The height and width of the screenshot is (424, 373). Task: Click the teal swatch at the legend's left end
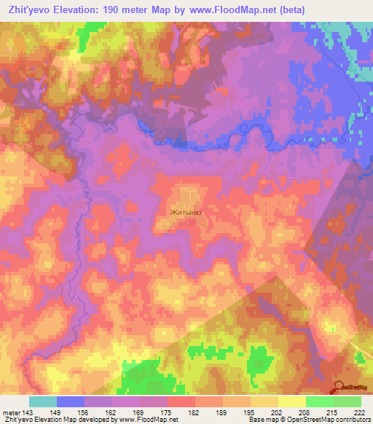42,401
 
